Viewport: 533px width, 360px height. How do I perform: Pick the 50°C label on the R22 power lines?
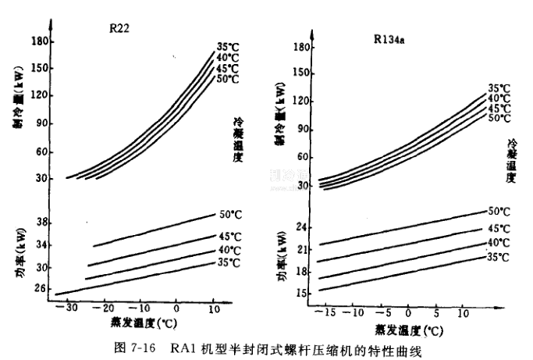tap(230, 213)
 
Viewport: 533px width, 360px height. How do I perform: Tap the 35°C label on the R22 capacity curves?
tap(226, 45)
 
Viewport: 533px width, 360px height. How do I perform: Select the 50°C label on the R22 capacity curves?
tap(226, 79)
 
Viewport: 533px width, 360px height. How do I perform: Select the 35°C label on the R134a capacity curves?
tap(499, 88)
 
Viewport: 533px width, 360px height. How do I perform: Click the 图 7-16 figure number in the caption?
tap(143, 346)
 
